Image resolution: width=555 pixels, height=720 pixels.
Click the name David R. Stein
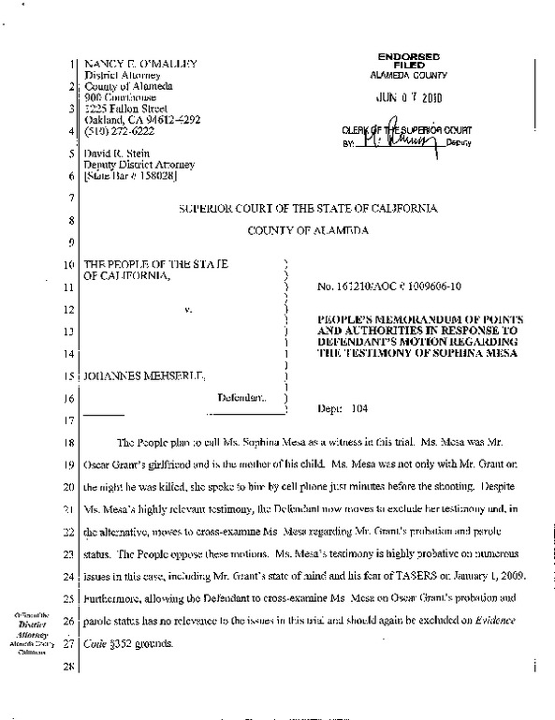coord(115,154)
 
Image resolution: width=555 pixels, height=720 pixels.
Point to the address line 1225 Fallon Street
coord(121,109)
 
